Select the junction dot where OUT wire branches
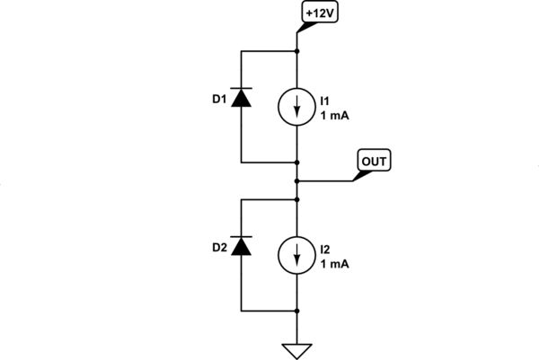[297, 180]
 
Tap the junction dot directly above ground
[297, 311]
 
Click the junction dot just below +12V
[297, 51]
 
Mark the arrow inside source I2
[297, 255]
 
